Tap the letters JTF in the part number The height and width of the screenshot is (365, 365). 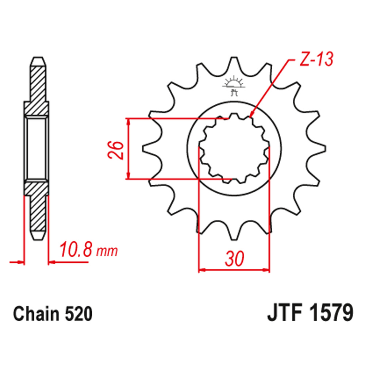[283, 314]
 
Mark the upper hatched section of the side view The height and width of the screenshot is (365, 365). [36, 88]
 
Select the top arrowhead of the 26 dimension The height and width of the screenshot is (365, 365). [128, 120]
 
